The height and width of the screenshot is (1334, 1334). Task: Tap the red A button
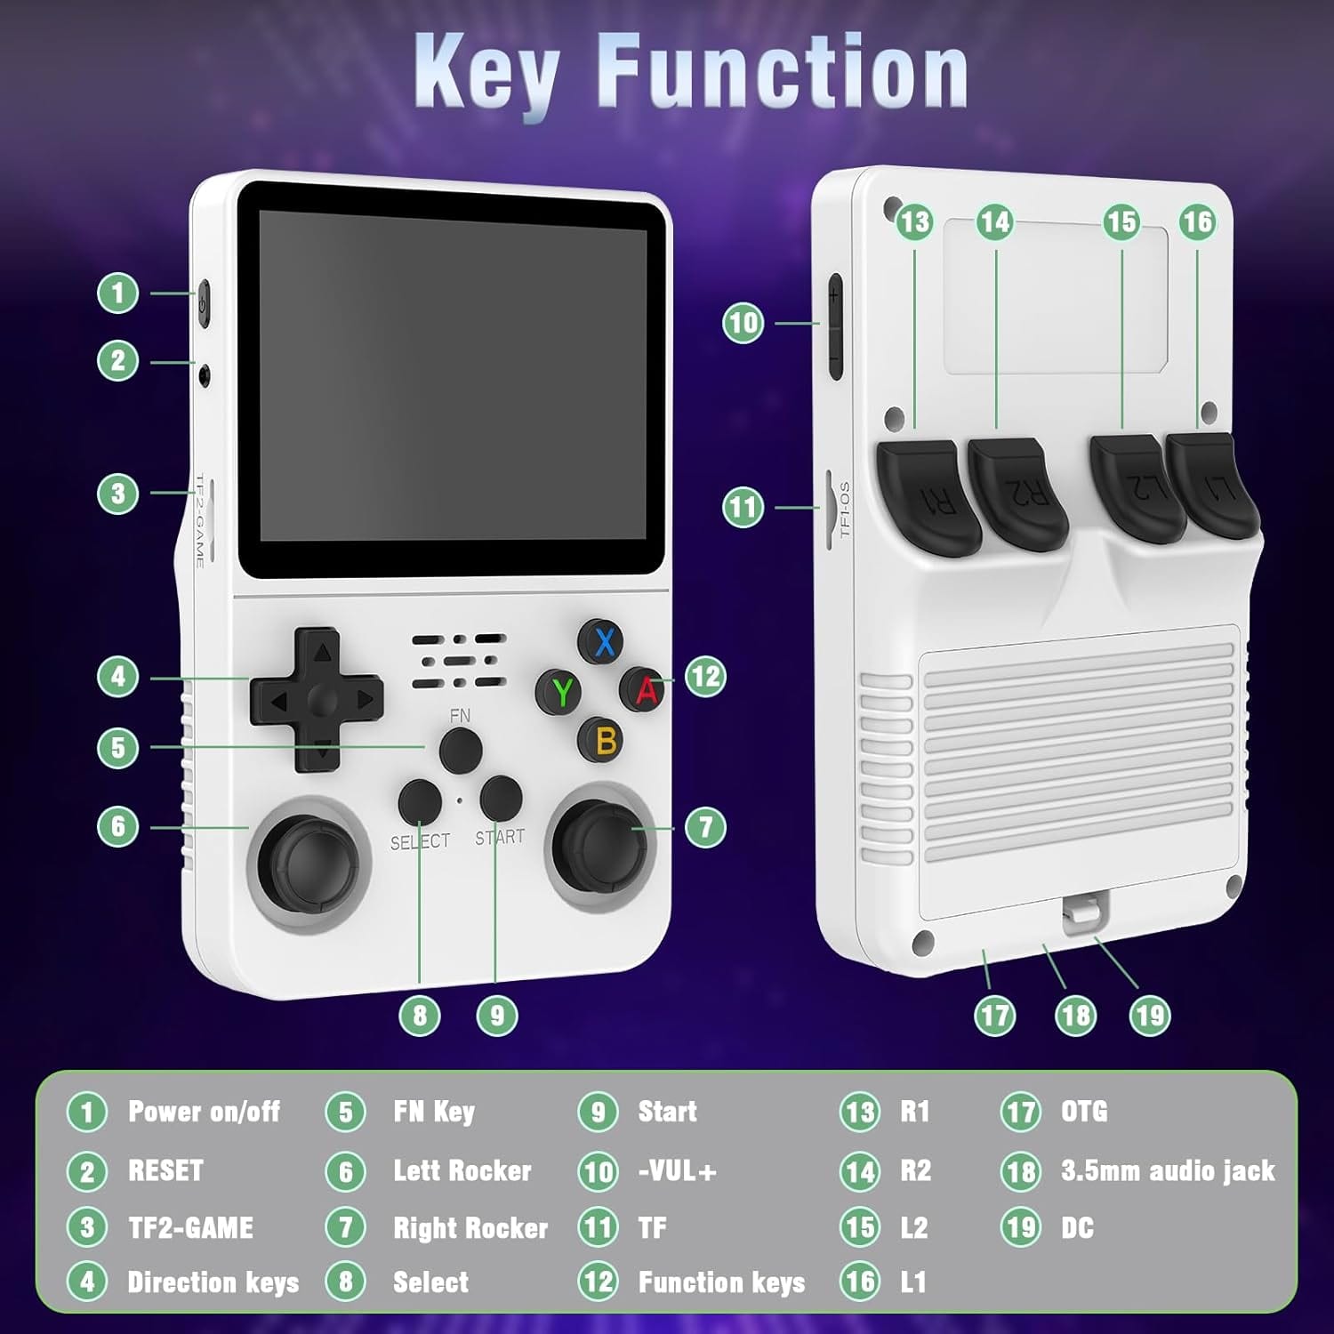[x=646, y=689]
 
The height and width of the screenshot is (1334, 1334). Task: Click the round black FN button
[x=461, y=750]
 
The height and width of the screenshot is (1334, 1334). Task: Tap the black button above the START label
[x=501, y=798]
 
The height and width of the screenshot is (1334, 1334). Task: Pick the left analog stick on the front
[x=309, y=856]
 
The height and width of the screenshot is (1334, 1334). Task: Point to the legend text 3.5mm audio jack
[x=1168, y=1171]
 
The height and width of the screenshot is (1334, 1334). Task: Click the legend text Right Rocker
[x=470, y=1228]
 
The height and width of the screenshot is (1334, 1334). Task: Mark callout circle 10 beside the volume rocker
[x=743, y=323]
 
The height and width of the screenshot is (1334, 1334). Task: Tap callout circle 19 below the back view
[x=1150, y=1015]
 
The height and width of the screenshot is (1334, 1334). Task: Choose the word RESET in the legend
[x=165, y=1170]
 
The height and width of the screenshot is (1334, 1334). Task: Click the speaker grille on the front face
[x=459, y=662]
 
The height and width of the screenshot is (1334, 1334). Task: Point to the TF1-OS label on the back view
[x=844, y=510]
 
